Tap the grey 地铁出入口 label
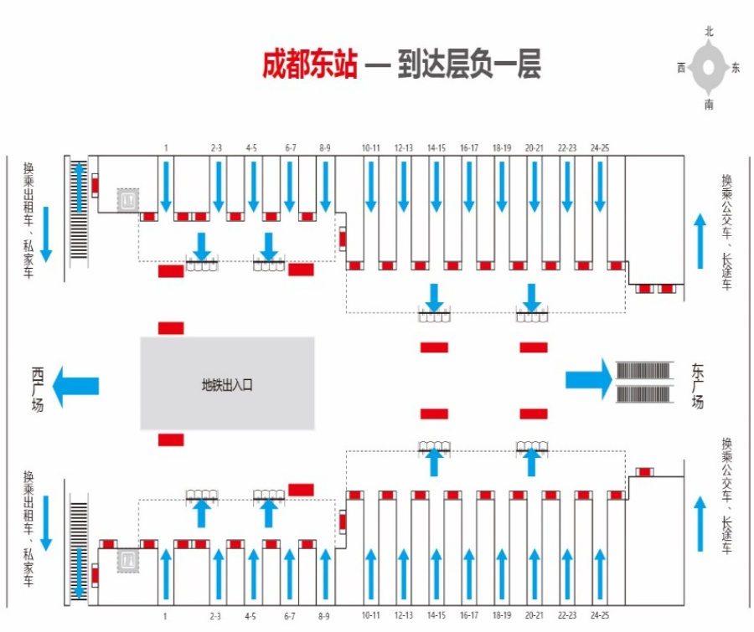pyautogui.click(x=227, y=385)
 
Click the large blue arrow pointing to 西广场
pyautogui.click(x=75, y=386)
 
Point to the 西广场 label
pyautogui.click(x=38, y=389)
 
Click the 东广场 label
pyautogui.click(x=697, y=387)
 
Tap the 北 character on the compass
pyautogui.click(x=710, y=32)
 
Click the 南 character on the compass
pyautogui.click(x=710, y=105)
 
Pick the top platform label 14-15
pyautogui.click(x=436, y=148)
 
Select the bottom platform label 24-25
pyautogui.click(x=600, y=615)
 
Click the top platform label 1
pyautogui.click(x=166, y=148)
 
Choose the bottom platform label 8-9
pyautogui.click(x=324, y=615)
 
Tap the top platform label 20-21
pyautogui.click(x=535, y=148)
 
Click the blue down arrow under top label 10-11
pyautogui.click(x=371, y=187)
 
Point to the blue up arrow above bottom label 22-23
pyautogui.click(x=567, y=574)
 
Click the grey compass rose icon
pyautogui.click(x=708, y=67)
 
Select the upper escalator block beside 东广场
pyautogui.click(x=643, y=371)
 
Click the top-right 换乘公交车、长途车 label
pyautogui.click(x=726, y=232)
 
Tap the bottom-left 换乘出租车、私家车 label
pyautogui.click(x=28, y=528)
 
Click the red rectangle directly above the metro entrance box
pyautogui.click(x=171, y=328)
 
